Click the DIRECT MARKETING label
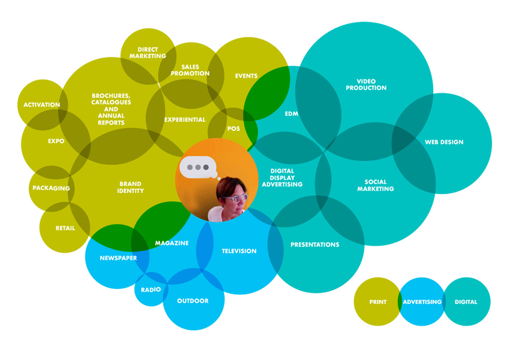click(148, 53)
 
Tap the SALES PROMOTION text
click(190, 70)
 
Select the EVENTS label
click(246, 76)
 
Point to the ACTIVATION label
click(42, 104)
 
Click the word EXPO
click(56, 141)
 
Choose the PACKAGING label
click(51, 188)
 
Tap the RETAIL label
click(65, 228)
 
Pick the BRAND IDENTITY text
click(130, 187)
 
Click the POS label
click(233, 129)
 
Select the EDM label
click(291, 114)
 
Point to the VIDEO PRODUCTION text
click(366, 84)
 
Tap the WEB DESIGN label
click(444, 142)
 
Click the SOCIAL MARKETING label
click(375, 185)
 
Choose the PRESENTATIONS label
click(315, 245)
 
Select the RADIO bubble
click(151, 290)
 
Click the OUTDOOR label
click(193, 301)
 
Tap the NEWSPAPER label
click(118, 258)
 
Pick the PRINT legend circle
click(377, 302)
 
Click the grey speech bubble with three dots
click(198, 167)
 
